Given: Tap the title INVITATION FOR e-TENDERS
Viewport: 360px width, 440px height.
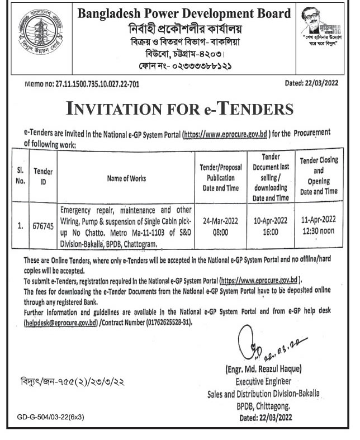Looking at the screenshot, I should click(179, 107).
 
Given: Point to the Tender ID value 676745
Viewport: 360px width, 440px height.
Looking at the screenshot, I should click(42, 227).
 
